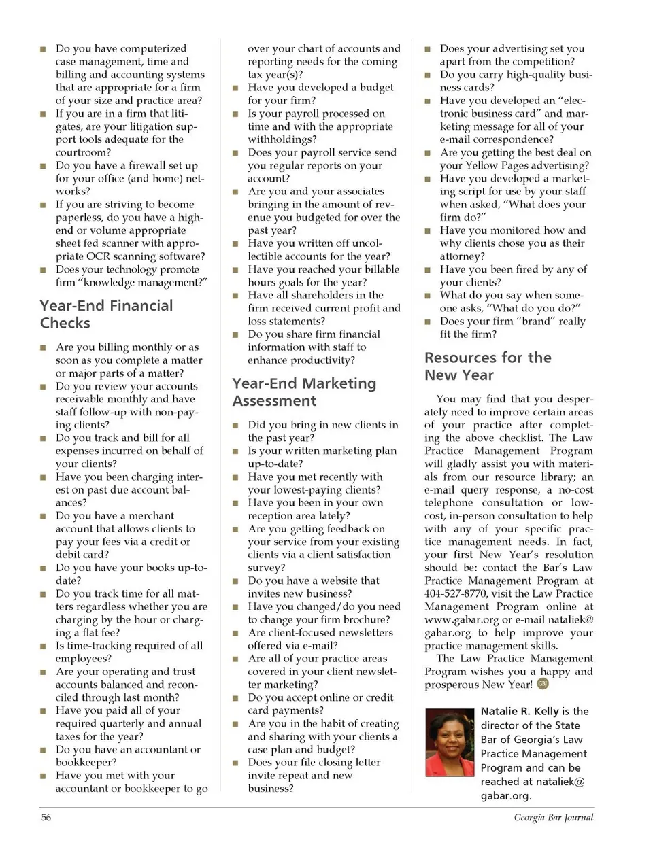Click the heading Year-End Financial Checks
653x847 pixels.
tap(106, 314)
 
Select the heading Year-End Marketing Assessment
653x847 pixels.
tap(303, 392)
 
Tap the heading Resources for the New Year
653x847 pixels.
tap(488, 366)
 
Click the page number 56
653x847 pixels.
tap(46, 817)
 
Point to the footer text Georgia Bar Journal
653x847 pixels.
tap(553, 817)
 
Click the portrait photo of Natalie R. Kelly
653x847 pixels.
tap(449, 742)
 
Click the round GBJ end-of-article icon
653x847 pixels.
tap(543, 684)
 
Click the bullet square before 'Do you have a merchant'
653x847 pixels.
tap(43, 517)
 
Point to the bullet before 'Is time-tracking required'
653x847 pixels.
tap(43, 646)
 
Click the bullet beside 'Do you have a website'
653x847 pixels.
tap(235, 581)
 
